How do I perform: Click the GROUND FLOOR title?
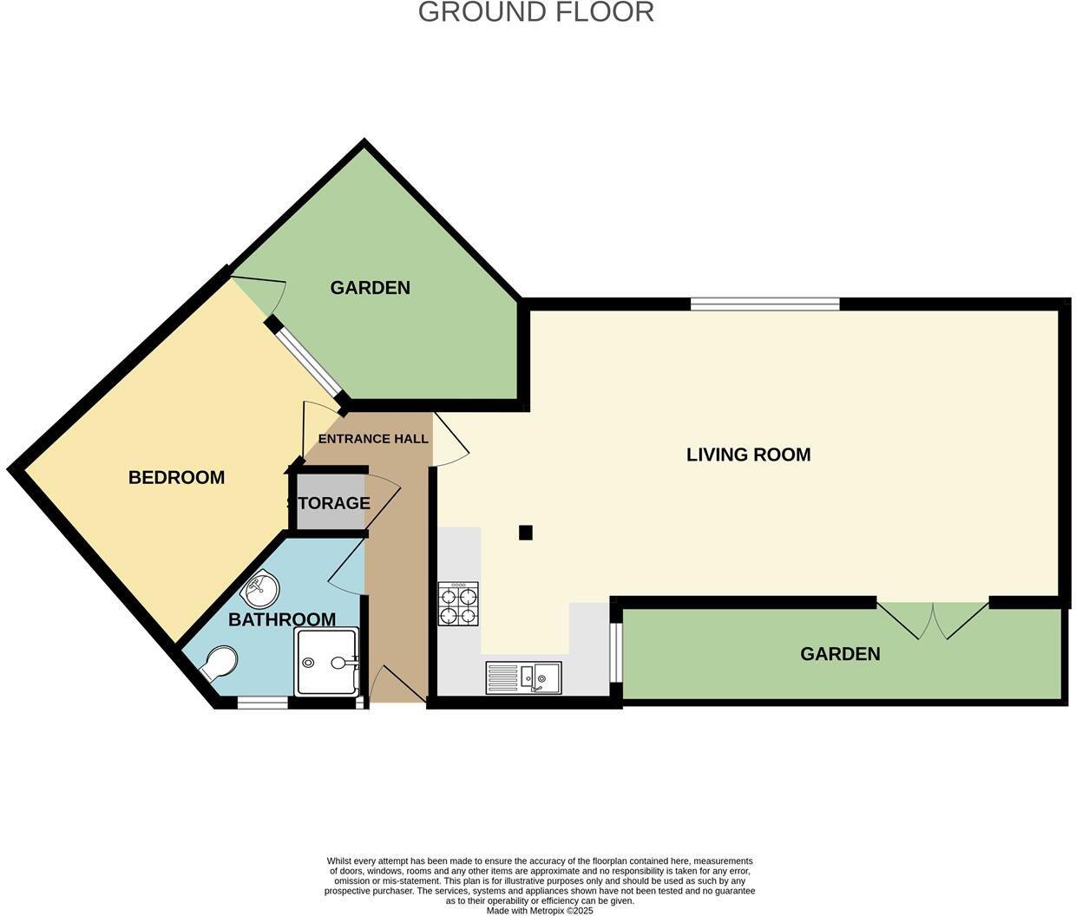pos(535,12)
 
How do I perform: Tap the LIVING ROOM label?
pos(748,455)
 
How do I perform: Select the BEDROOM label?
pos(176,477)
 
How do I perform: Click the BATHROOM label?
pos(282,619)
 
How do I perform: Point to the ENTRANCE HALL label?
pos(373,439)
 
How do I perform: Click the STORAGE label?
pos(329,503)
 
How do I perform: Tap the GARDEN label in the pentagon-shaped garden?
pos(370,288)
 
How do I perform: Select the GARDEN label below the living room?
pos(839,654)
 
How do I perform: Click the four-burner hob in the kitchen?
pos(458,604)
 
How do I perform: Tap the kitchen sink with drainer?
pos(523,677)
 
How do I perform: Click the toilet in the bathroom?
pos(218,664)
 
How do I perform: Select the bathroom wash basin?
pos(259,592)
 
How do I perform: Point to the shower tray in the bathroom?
pos(326,662)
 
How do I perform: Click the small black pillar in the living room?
pos(525,533)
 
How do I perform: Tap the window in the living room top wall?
pos(765,304)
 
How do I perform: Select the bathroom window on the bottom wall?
pos(262,703)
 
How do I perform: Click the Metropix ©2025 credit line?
pos(539,911)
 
